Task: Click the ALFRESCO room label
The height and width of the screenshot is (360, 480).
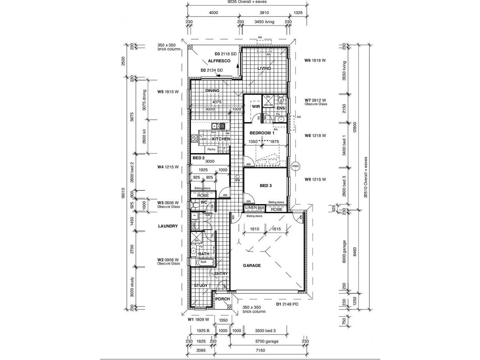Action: (219, 61)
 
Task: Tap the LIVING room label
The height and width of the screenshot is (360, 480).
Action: (264, 68)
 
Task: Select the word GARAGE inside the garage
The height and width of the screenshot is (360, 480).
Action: (252, 265)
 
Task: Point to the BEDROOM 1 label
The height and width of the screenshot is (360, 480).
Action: (262, 133)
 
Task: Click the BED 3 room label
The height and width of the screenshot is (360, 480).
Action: (266, 186)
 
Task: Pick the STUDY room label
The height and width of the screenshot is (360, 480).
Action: (201, 285)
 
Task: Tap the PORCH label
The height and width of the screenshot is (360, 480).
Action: (222, 299)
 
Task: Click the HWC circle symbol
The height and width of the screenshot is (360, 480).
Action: (295, 166)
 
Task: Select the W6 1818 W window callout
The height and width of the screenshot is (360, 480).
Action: (315, 60)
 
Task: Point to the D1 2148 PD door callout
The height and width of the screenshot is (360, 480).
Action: (287, 304)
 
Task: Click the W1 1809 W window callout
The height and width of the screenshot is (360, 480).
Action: (198, 319)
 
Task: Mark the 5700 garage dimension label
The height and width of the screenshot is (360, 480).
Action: (267, 341)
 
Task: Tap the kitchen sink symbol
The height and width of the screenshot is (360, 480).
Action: (218, 126)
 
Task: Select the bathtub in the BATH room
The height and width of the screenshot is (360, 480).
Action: (203, 262)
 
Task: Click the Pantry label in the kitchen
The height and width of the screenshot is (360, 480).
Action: (211, 149)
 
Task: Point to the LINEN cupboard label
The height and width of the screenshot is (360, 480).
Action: (251, 208)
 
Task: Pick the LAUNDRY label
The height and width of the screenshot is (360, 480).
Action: (168, 226)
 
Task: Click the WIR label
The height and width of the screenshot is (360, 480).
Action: (256, 107)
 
